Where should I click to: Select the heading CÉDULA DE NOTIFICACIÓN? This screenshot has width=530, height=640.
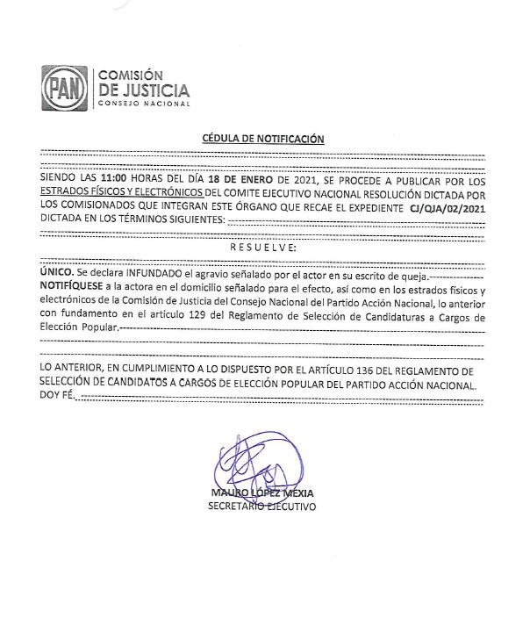[x=263, y=139]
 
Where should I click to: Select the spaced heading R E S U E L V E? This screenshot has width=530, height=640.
[x=264, y=248]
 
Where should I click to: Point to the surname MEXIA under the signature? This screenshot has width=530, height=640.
[x=296, y=493]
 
